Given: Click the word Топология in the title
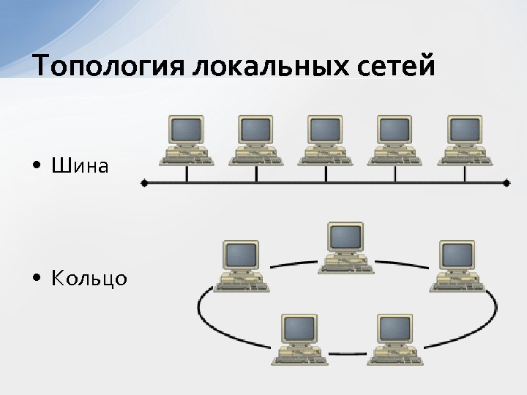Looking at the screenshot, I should [x=108, y=66].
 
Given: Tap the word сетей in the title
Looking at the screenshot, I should [x=395, y=66].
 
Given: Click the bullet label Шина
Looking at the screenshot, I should [x=80, y=166].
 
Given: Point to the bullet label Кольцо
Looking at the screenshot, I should [x=89, y=279].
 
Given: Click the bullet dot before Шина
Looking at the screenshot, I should [x=37, y=167].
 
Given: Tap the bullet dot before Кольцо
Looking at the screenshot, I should [x=37, y=279].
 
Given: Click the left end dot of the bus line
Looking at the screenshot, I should [x=143, y=183].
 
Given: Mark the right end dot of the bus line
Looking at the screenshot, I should [x=507, y=183].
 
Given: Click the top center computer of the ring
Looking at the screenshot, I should [x=345, y=247].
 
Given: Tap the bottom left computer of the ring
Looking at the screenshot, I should [x=299, y=338].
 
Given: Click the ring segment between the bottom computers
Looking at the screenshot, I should [x=347, y=354].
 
